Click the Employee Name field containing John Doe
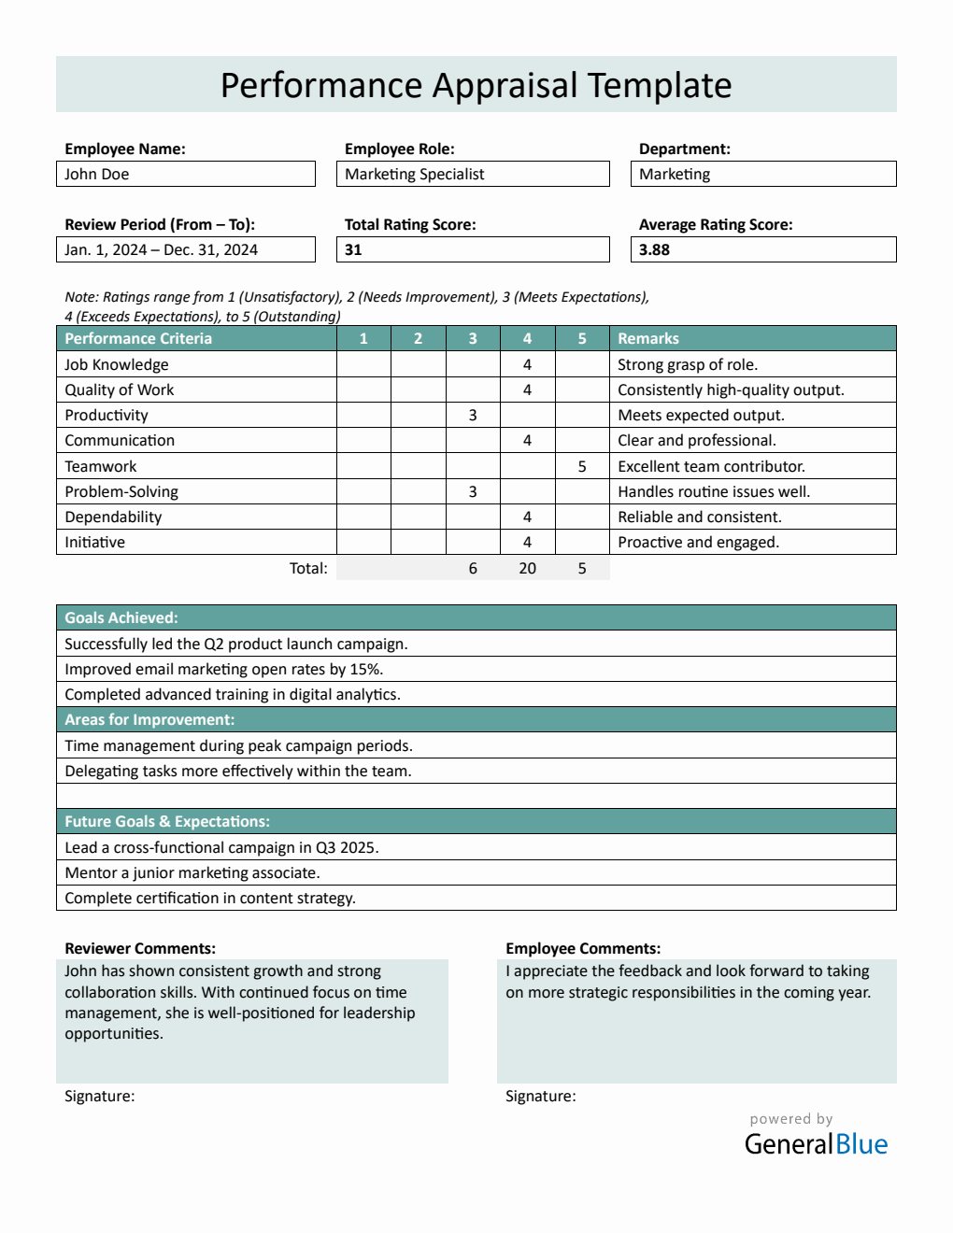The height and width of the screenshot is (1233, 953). (x=185, y=174)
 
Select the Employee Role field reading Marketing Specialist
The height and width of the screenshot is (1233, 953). (x=472, y=174)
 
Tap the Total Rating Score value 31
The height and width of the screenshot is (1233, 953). (x=472, y=249)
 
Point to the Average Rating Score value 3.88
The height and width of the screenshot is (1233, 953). (x=762, y=249)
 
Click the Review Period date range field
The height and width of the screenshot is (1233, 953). (x=185, y=249)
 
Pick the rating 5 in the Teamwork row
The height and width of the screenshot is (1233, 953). (x=582, y=466)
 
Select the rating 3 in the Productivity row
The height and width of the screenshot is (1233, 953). (x=473, y=415)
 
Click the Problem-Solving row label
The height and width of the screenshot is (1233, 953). (x=121, y=491)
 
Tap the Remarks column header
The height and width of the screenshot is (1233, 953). (x=648, y=338)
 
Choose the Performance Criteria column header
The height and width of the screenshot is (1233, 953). (x=138, y=338)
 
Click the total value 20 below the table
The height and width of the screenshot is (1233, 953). (x=527, y=568)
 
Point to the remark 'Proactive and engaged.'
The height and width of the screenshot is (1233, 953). (x=698, y=542)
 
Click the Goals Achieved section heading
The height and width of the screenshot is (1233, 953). (x=121, y=617)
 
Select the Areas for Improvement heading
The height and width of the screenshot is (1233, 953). (x=149, y=719)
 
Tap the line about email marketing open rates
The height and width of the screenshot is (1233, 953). (x=224, y=669)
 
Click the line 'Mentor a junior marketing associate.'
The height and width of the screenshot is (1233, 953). (x=192, y=872)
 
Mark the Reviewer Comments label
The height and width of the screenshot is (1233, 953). (x=140, y=948)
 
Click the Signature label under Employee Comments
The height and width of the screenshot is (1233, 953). (x=541, y=1096)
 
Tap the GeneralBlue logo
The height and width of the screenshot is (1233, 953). (x=816, y=1143)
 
